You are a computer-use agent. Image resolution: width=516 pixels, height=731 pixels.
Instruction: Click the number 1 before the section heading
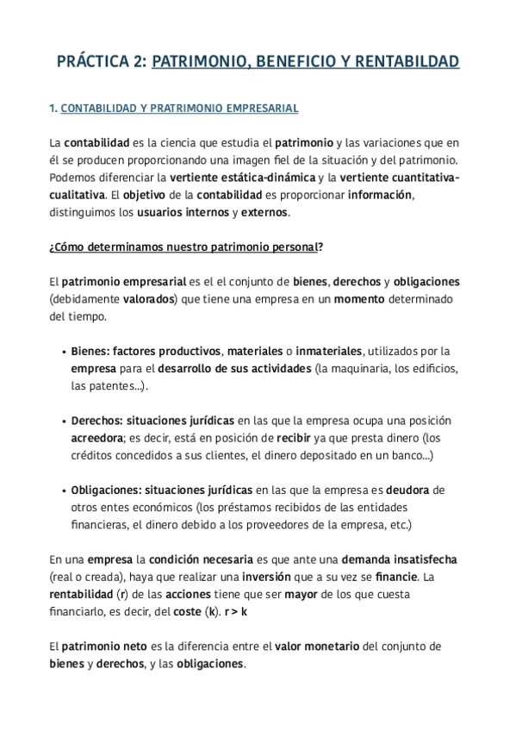52,109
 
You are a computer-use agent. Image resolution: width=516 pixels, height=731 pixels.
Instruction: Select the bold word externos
265,212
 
